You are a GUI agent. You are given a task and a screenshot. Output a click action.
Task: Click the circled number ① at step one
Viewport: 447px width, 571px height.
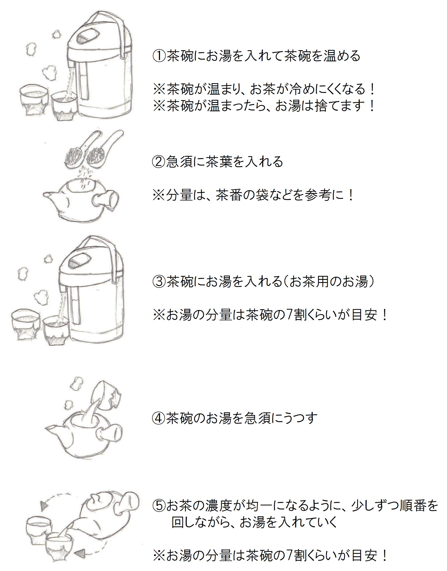[159, 56]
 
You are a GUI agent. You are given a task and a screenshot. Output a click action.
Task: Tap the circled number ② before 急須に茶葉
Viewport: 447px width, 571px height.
[159, 162]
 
